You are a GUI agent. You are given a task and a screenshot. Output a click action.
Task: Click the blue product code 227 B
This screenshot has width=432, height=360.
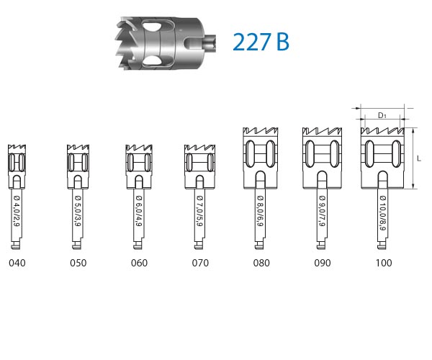point(261,42)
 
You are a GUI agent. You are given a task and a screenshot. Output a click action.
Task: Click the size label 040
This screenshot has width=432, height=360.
point(17,263)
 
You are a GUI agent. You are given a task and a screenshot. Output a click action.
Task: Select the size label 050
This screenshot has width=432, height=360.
point(78,263)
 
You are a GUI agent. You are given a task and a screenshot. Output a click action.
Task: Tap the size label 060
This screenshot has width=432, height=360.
point(139,263)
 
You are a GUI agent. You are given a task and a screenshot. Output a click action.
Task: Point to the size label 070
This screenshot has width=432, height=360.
point(200,263)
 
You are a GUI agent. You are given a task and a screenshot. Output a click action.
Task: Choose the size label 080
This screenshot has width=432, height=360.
point(261,263)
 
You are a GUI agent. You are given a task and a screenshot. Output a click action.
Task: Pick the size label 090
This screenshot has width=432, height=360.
point(323,263)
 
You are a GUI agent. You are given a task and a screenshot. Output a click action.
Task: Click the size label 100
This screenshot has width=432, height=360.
point(384,263)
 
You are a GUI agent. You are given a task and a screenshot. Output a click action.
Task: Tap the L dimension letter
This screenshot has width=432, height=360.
point(419,158)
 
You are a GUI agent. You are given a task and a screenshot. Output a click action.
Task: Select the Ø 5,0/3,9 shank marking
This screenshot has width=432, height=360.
point(78,212)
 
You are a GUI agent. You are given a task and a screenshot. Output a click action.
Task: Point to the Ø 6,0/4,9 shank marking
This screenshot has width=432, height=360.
point(139,212)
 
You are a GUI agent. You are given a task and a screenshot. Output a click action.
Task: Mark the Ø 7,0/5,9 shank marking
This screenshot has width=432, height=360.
point(200,212)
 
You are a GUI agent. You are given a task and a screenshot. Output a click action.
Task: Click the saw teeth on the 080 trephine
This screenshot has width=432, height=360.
point(261,133)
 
